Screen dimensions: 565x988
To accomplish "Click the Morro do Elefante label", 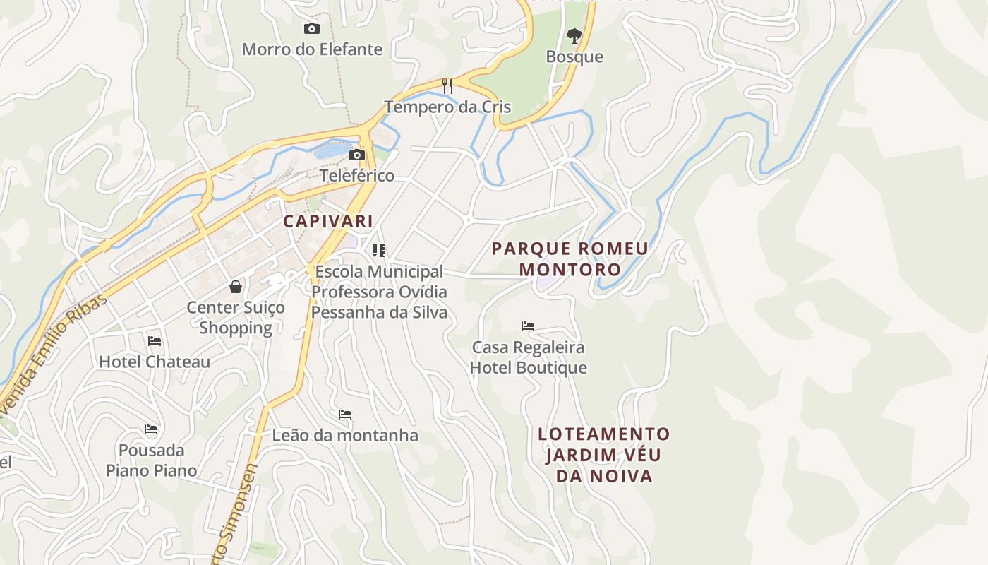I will [x=312, y=49].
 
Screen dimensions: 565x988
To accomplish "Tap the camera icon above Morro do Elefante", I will [x=311, y=29].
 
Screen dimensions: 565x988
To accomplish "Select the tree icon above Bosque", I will [x=574, y=35].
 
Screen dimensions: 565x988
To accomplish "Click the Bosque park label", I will [x=574, y=56].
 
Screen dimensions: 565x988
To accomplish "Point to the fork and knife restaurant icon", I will [x=447, y=86].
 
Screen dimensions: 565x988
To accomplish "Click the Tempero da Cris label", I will [x=447, y=107].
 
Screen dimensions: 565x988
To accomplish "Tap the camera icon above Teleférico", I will [x=357, y=155].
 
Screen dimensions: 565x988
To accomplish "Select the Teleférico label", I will [x=357, y=175].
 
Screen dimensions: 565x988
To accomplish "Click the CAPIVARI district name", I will [x=328, y=221].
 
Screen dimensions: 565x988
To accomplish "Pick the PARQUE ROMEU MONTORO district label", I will [x=570, y=258].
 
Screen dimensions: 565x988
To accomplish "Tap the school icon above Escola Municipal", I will [x=379, y=251].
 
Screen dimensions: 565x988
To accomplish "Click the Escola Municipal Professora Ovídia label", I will [x=380, y=292].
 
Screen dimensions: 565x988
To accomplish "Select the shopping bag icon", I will [x=236, y=287].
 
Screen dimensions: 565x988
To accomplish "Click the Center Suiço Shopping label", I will [x=236, y=318].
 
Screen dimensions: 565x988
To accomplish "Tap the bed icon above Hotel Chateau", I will [x=155, y=341].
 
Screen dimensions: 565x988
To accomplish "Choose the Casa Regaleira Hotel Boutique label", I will [x=529, y=357].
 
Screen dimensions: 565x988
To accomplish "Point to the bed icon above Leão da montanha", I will [x=345, y=415].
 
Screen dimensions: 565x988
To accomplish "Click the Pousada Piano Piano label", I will [x=152, y=460].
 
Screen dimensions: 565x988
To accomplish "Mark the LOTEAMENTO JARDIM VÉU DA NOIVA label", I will [x=604, y=455].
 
